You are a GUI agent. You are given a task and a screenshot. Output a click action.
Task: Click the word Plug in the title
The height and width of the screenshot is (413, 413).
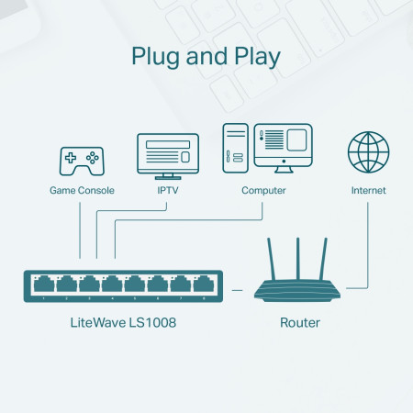pyautogui.click(x=157, y=56)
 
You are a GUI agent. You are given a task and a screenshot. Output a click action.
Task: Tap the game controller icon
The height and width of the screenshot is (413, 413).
pyautogui.click(x=82, y=160)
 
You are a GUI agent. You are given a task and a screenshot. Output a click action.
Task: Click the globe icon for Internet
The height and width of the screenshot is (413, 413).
pyautogui.click(x=368, y=152)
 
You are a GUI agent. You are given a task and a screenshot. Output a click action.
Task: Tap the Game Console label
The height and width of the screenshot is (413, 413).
pyautogui.click(x=82, y=191)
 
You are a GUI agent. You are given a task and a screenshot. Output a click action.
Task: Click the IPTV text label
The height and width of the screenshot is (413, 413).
pyautogui.click(x=167, y=191)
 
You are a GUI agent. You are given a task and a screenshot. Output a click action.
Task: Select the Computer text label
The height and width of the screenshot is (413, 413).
pyautogui.click(x=263, y=191)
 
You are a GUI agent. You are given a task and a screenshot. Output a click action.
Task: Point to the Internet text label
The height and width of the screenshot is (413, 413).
pyautogui.click(x=368, y=191)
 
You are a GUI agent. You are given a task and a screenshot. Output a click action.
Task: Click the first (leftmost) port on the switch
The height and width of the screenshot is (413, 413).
pyautogui.click(x=42, y=284)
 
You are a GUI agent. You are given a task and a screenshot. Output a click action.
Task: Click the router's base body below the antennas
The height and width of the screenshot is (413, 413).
pyautogui.click(x=298, y=293)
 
